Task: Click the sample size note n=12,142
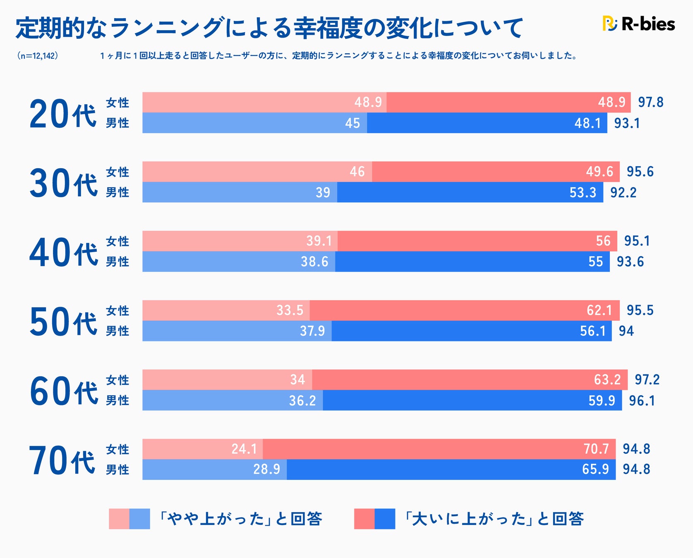click(37, 56)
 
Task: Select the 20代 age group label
click(62, 114)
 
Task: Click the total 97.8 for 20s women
click(650, 102)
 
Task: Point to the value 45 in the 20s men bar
click(352, 123)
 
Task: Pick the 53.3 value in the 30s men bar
click(583, 193)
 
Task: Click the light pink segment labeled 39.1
click(240, 241)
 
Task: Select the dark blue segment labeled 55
click(472, 262)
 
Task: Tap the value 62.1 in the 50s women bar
click(599, 310)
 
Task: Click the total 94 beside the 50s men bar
click(626, 331)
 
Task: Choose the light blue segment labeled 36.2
click(233, 401)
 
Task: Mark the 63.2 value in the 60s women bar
click(607, 379)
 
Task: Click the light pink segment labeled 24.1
click(202, 449)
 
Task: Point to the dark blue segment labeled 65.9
click(451, 470)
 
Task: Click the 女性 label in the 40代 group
click(117, 241)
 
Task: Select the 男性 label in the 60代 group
click(117, 401)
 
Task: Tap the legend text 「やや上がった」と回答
click(241, 519)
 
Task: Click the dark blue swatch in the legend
click(385, 519)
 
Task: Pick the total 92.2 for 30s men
click(623, 193)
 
